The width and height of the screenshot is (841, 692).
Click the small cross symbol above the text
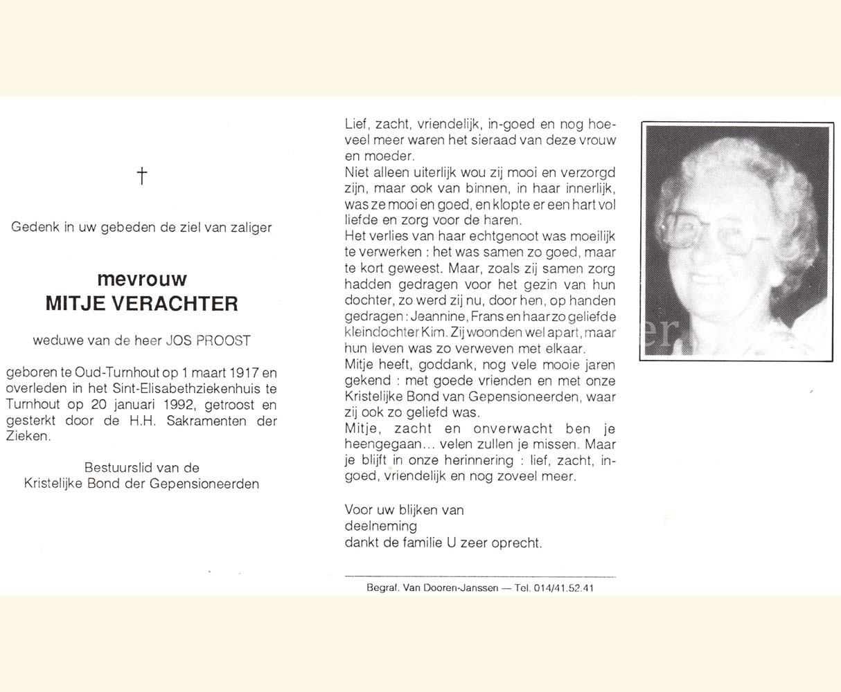coord(142,176)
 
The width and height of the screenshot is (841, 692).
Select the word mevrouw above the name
coord(142,279)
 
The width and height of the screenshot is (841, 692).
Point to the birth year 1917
coord(229,373)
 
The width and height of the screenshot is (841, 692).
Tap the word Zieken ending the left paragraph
coord(28,437)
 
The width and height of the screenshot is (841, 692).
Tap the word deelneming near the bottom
coord(381,527)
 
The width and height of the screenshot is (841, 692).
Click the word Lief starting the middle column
coord(356,125)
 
